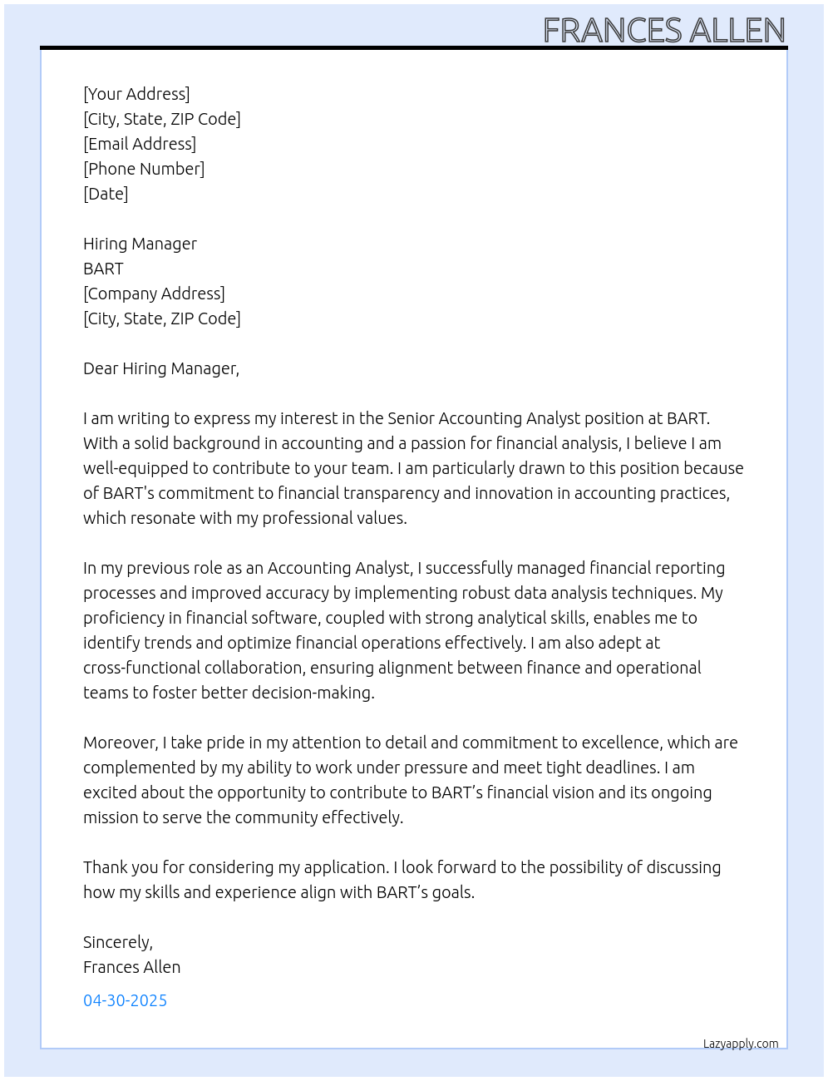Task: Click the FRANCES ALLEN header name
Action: [663, 30]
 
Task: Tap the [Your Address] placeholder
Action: [136, 94]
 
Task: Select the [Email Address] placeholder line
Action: [140, 144]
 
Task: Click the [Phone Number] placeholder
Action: [144, 169]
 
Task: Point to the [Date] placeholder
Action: [106, 194]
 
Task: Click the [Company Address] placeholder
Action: [154, 294]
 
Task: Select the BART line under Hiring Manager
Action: [103, 269]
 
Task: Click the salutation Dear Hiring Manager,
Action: [161, 368]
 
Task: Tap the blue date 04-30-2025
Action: [125, 1000]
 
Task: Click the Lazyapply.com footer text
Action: [741, 1044]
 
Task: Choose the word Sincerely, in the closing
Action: [118, 942]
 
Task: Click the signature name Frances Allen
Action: [131, 967]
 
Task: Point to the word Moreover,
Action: [121, 743]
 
